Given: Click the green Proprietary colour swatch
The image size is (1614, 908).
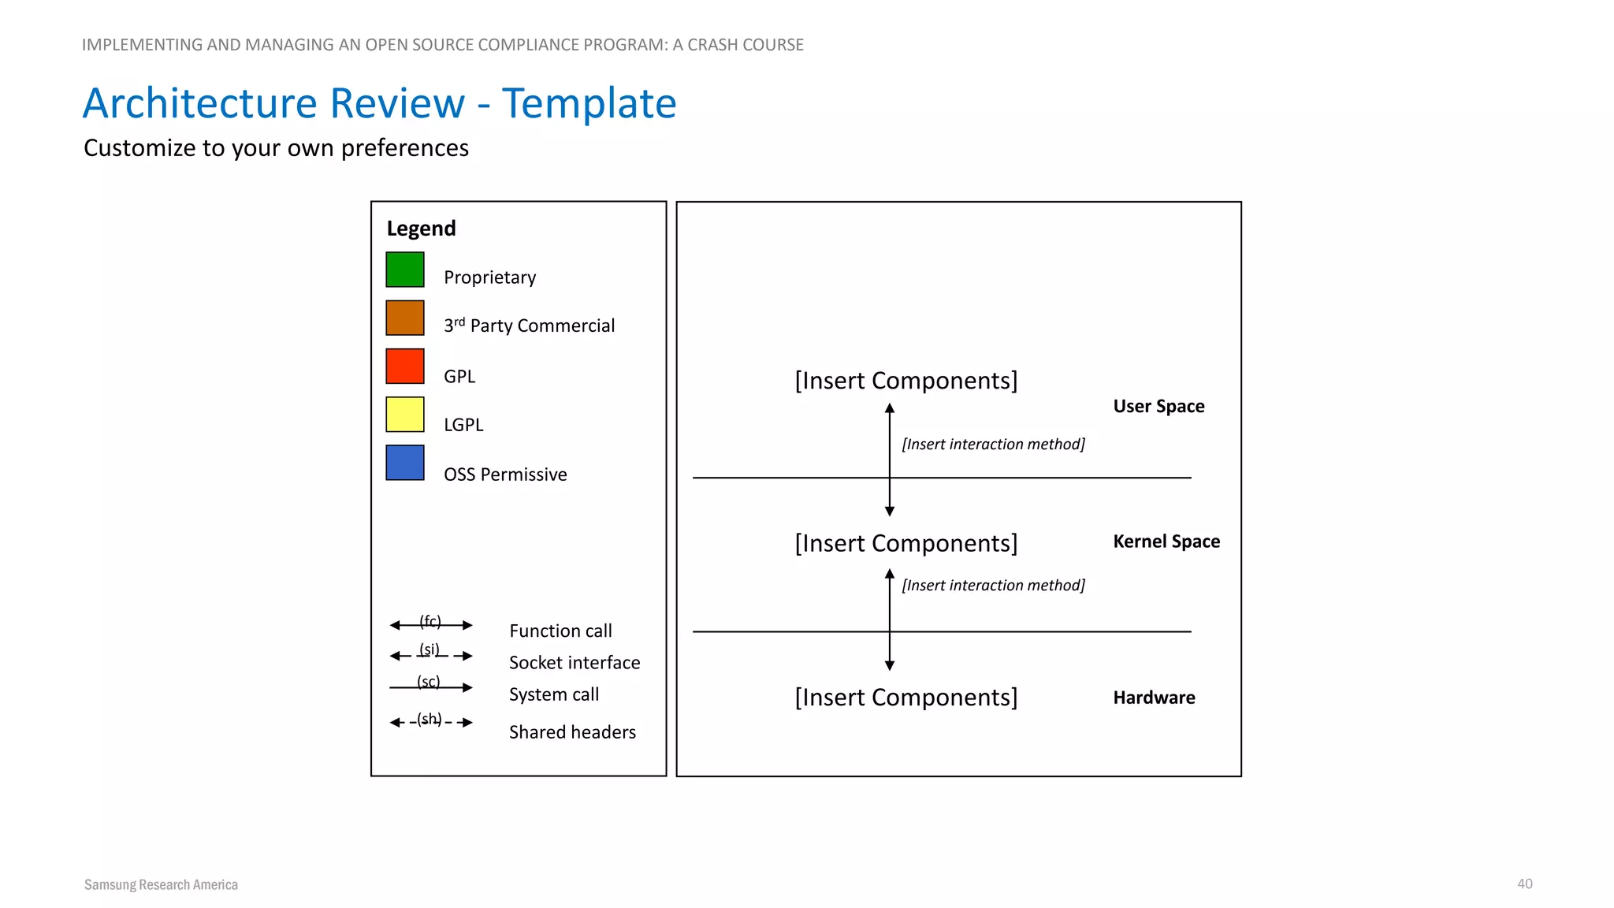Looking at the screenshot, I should point(405,270).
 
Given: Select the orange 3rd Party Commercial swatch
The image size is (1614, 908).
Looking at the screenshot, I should point(405,318).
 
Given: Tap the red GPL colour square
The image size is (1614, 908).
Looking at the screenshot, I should point(405,367).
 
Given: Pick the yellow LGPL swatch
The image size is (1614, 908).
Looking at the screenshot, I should point(405,415).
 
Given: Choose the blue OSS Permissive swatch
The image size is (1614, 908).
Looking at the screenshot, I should point(405,463).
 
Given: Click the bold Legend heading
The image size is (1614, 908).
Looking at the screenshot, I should point(421,229).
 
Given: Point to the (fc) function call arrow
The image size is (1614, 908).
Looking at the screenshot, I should point(431,625).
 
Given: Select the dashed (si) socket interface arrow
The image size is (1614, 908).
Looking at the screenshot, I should point(431,656).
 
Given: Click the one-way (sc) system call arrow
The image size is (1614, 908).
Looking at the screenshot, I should point(431,687).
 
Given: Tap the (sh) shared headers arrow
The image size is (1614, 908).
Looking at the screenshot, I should point(431,722).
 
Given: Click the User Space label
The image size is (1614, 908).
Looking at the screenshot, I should point(1158,407).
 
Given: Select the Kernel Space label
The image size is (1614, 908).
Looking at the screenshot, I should point(1166,541).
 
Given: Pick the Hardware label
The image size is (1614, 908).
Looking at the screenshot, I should point(1154,698).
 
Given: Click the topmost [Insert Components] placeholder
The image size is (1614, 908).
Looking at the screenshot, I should point(906,381).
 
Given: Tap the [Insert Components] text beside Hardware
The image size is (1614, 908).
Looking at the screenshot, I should point(906,698).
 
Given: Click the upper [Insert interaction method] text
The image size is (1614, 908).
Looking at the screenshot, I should point(993,445).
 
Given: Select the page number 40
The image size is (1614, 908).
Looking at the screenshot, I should point(1525,884).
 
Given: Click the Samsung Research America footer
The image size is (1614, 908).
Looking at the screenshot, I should point(161,884).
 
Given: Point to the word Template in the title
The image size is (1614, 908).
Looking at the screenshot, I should point(589,103).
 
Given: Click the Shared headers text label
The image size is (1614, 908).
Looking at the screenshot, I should point(572,732).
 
